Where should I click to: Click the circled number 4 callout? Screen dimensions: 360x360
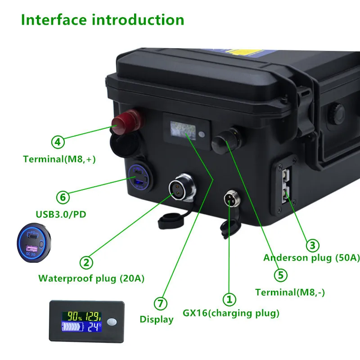pyautogui.click(x=57, y=142)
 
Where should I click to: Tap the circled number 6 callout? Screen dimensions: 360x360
pyautogui.click(x=63, y=197)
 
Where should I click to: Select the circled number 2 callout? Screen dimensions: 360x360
pyautogui.click(x=86, y=262)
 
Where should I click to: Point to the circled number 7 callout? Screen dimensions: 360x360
pyautogui.click(x=160, y=304)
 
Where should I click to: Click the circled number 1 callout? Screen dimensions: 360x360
pyautogui.click(x=229, y=299)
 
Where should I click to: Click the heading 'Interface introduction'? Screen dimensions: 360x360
pyautogui.click(x=103, y=20)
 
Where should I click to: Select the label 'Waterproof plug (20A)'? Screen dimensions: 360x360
pyautogui.click(x=91, y=278)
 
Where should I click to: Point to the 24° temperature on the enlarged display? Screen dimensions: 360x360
pyautogui.click(x=93, y=327)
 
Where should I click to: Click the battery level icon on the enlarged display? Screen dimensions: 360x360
pyautogui.click(x=71, y=327)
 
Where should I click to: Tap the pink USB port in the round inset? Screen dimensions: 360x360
pyautogui.click(x=30, y=248)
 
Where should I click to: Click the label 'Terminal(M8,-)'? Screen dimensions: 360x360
pyautogui.click(x=290, y=292)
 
